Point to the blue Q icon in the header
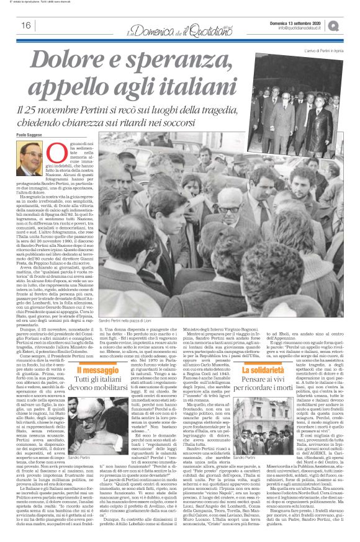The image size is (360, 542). (351, 25)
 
